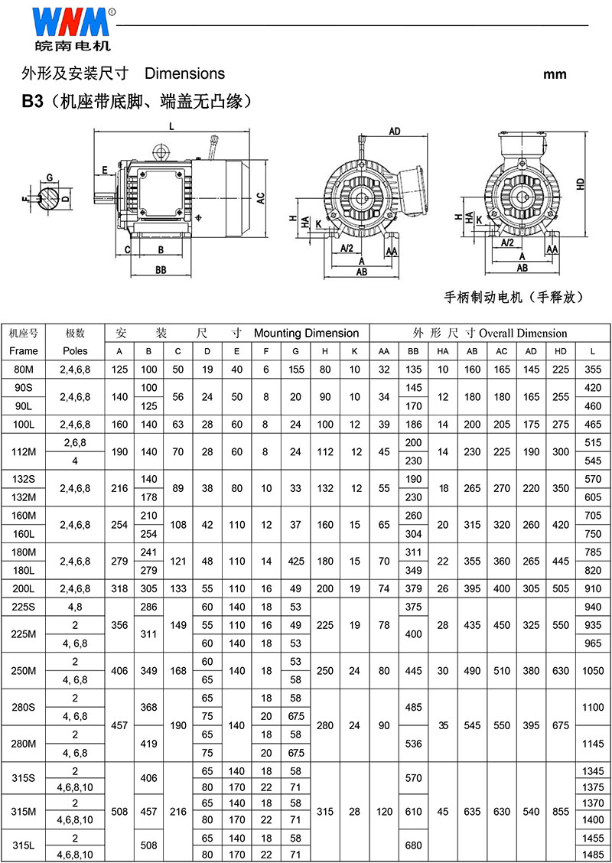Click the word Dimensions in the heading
point(184,73)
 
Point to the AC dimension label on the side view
point(262,198)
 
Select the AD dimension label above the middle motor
point(395,131)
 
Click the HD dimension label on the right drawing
point(580,184)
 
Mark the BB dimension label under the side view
point(161,269)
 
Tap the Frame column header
point(24,350)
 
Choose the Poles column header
point(75,350)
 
